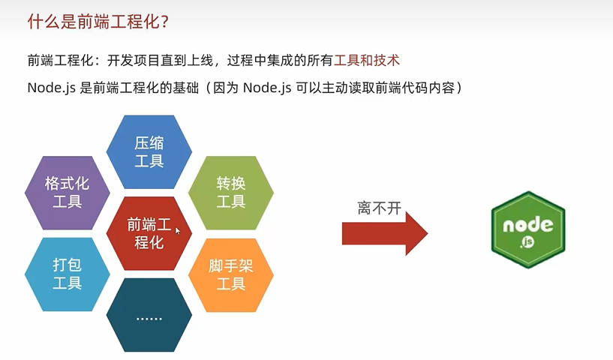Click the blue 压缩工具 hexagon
coord(149,151)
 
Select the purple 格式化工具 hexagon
coord(68,193)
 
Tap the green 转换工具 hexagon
coord(231,193)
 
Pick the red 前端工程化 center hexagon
coord(149,233)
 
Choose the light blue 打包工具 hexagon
coord(68,274)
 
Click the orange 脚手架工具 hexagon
coord(231,275)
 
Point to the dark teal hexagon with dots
coord(149,315)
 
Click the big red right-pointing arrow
coord(385,234)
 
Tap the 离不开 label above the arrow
coord(379,208)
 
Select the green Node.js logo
coord(528,229)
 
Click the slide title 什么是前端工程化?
coord(98,22)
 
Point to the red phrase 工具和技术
coord(367,61)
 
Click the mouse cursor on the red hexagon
coord(178,230)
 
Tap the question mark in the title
coord(164,22)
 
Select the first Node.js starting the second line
coord(51,88)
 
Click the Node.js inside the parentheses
coord(267,88)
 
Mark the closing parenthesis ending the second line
coord(459,88)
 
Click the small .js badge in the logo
coord(527,242)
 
